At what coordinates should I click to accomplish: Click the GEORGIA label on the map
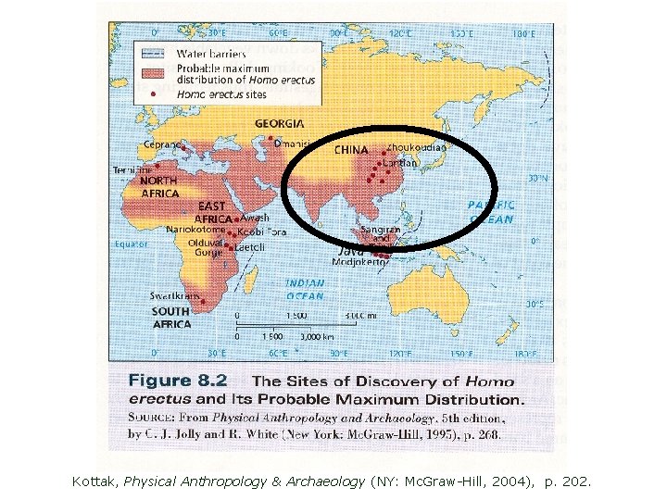click(279, 124)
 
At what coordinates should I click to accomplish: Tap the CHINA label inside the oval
click(351, 149)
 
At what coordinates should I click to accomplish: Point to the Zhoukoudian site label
click(416, 147)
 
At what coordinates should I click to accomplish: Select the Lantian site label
click(400, 163)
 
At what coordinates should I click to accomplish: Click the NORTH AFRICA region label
click(159, 187)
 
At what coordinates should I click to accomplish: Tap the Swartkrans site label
click(177, 296)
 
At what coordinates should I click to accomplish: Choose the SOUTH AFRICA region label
click(171, 318)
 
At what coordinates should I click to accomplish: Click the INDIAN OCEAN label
click(305, 290)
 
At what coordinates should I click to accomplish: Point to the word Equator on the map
click(130, 244)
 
